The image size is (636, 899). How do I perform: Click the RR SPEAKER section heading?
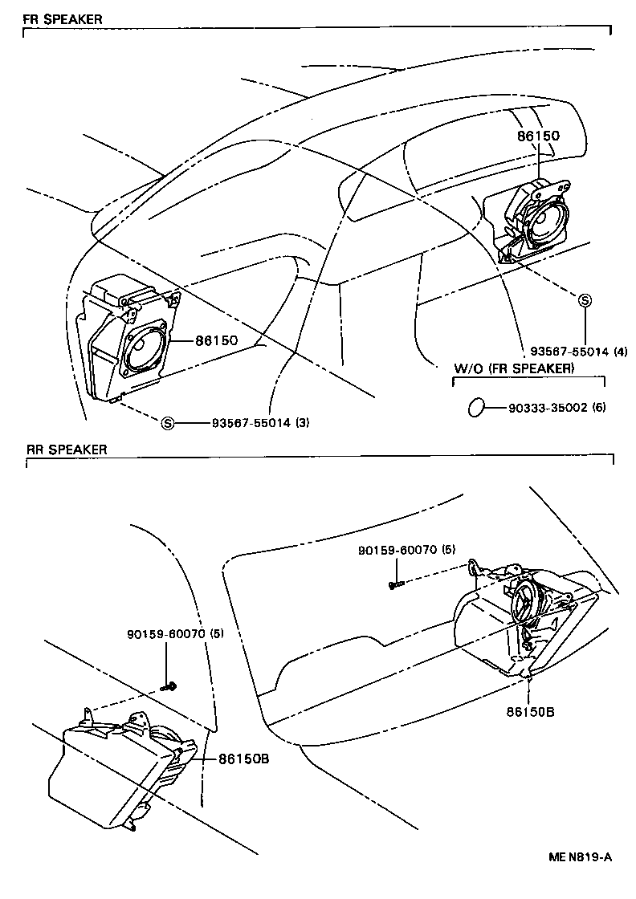(61, 450)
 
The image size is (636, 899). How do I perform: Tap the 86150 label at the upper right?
(538, 136)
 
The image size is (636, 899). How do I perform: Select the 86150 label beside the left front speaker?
(216, 340)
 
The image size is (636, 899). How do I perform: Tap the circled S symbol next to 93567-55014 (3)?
(168, 423)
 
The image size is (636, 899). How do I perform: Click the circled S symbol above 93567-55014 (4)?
(585, 301)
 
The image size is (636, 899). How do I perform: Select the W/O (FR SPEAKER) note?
(514, 368)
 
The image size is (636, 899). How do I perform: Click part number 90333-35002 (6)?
(556, 407)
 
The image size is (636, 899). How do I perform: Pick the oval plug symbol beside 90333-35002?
(476, 407)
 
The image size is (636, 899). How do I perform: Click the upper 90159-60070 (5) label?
(407, 550)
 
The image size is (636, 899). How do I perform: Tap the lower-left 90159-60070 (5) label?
(175, 633)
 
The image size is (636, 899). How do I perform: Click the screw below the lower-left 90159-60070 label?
(169, 686)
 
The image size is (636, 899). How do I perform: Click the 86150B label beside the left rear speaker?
(243, 757)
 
